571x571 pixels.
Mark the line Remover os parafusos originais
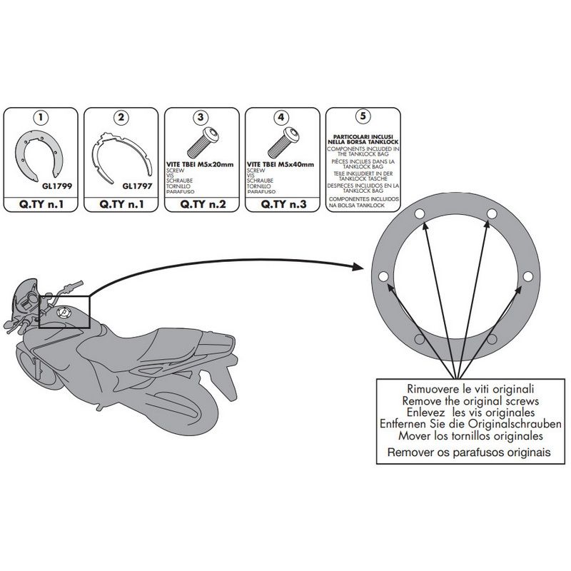point(458,451)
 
